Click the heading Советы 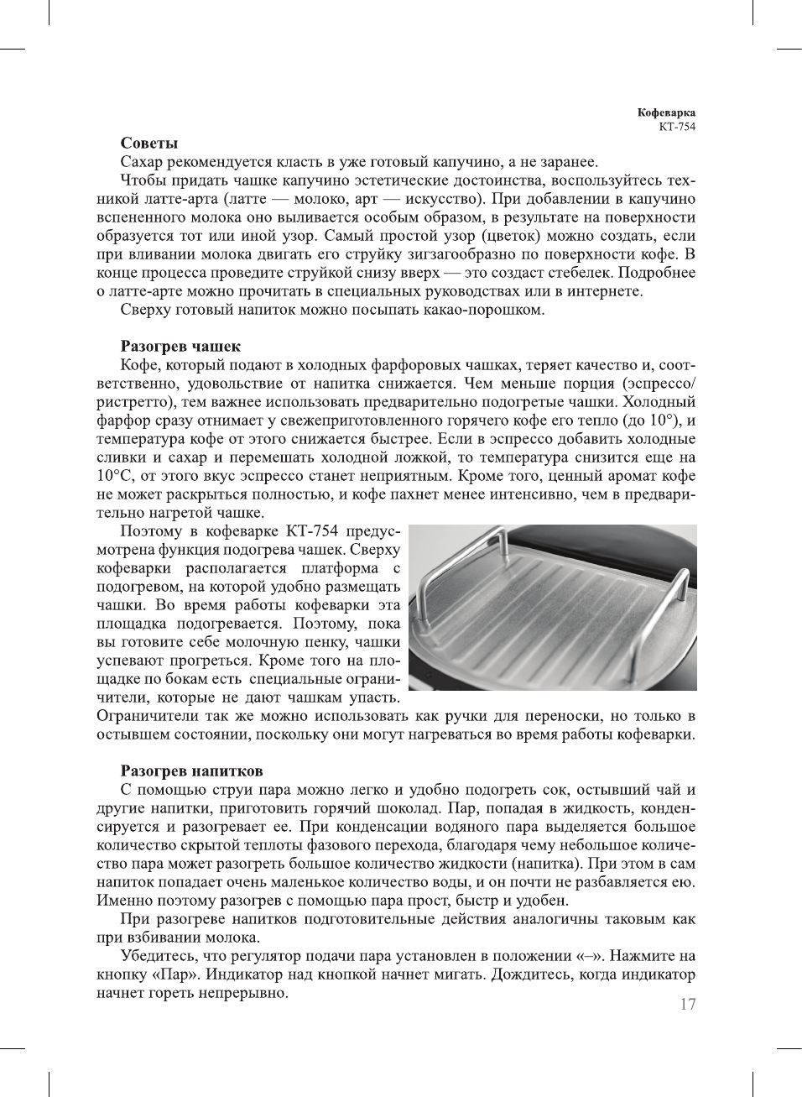(148, 144)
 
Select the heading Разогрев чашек (180, 346)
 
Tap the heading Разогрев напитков (191, 771)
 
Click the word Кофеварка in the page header (666, 112)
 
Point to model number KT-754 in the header (677, 127)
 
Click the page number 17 (687, 1005)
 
